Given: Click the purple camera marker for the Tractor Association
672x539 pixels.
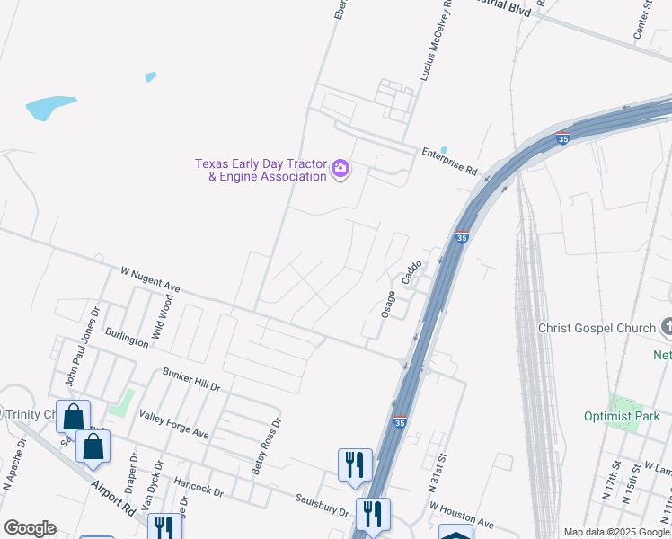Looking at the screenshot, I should pos(340,168).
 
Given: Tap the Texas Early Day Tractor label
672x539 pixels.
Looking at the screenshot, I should pos(261,170).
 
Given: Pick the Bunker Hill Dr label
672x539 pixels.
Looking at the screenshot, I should pos(190,379).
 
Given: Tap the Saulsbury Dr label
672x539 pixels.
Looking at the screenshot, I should pos(323,504).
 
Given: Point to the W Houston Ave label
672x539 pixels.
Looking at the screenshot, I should pos(462,516).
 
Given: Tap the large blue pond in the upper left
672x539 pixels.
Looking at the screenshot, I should pos(51,108).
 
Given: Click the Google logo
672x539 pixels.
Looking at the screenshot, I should pos(30,528).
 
